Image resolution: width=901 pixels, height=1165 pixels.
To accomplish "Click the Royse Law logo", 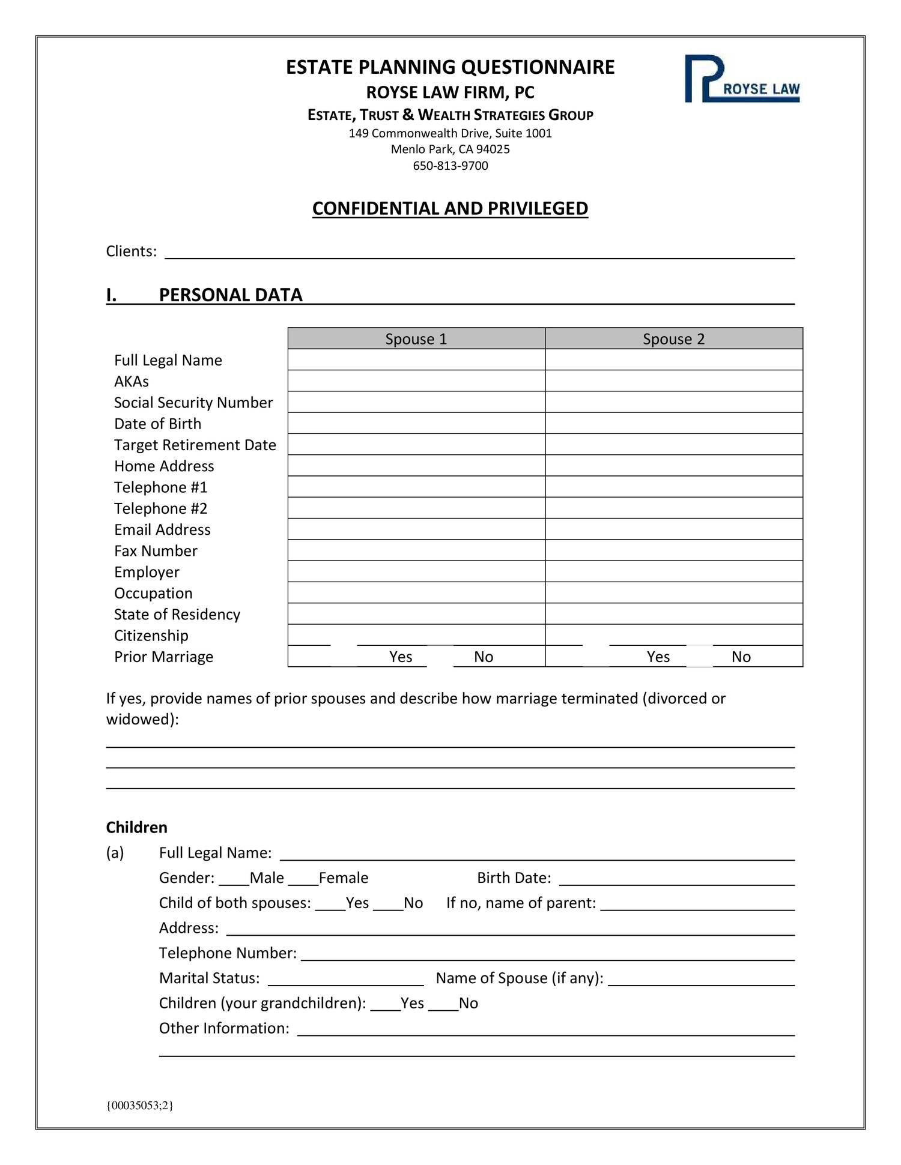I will [742, 79].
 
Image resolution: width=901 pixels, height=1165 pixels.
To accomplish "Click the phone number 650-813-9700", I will [450, 166].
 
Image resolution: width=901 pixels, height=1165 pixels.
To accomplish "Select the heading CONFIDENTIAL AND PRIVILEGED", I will [450, 208].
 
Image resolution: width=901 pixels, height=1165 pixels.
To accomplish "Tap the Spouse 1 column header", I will [416, 339].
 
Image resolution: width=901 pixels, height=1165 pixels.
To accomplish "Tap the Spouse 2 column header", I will [673, 339].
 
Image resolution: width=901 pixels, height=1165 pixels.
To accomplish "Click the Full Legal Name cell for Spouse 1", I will [416, 360].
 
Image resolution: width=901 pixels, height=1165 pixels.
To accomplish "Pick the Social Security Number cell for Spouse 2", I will [673, 402].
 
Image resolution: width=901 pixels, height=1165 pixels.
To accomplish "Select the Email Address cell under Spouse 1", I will [416, 529].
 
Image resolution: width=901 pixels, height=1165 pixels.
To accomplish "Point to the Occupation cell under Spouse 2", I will [673, 593].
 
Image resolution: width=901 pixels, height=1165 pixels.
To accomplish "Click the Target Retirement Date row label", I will [195, 445].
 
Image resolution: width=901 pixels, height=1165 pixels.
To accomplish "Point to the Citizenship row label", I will [151, 636].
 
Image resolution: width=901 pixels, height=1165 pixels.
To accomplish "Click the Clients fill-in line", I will [479, 252].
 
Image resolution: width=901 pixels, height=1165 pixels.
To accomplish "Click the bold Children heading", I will [136, 828].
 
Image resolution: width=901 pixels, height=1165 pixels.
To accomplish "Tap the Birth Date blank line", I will [676, 879].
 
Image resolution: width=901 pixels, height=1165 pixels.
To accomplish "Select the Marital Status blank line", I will [345, 980].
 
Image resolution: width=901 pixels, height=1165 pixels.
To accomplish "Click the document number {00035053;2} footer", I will [139, 1106].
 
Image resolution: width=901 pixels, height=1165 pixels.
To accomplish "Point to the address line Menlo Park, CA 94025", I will [450, 149].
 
